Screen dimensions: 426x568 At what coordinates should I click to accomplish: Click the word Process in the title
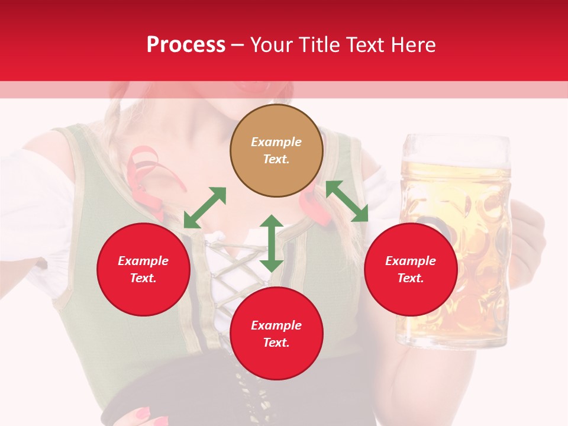[x=186, y=44]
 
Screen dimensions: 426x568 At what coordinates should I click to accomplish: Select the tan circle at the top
[x=276, y=150]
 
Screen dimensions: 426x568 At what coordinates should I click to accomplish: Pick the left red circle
[x=143, y=269]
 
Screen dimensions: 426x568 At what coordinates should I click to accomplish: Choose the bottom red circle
[x=276, y=333]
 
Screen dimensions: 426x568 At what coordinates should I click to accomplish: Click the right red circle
[x=411, y=269]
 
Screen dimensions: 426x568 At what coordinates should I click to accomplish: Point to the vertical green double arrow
[x=272, y=244]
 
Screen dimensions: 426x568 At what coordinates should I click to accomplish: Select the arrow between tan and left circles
[x=205, y=207]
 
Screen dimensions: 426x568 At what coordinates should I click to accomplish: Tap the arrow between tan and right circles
[x=347, y=201]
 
